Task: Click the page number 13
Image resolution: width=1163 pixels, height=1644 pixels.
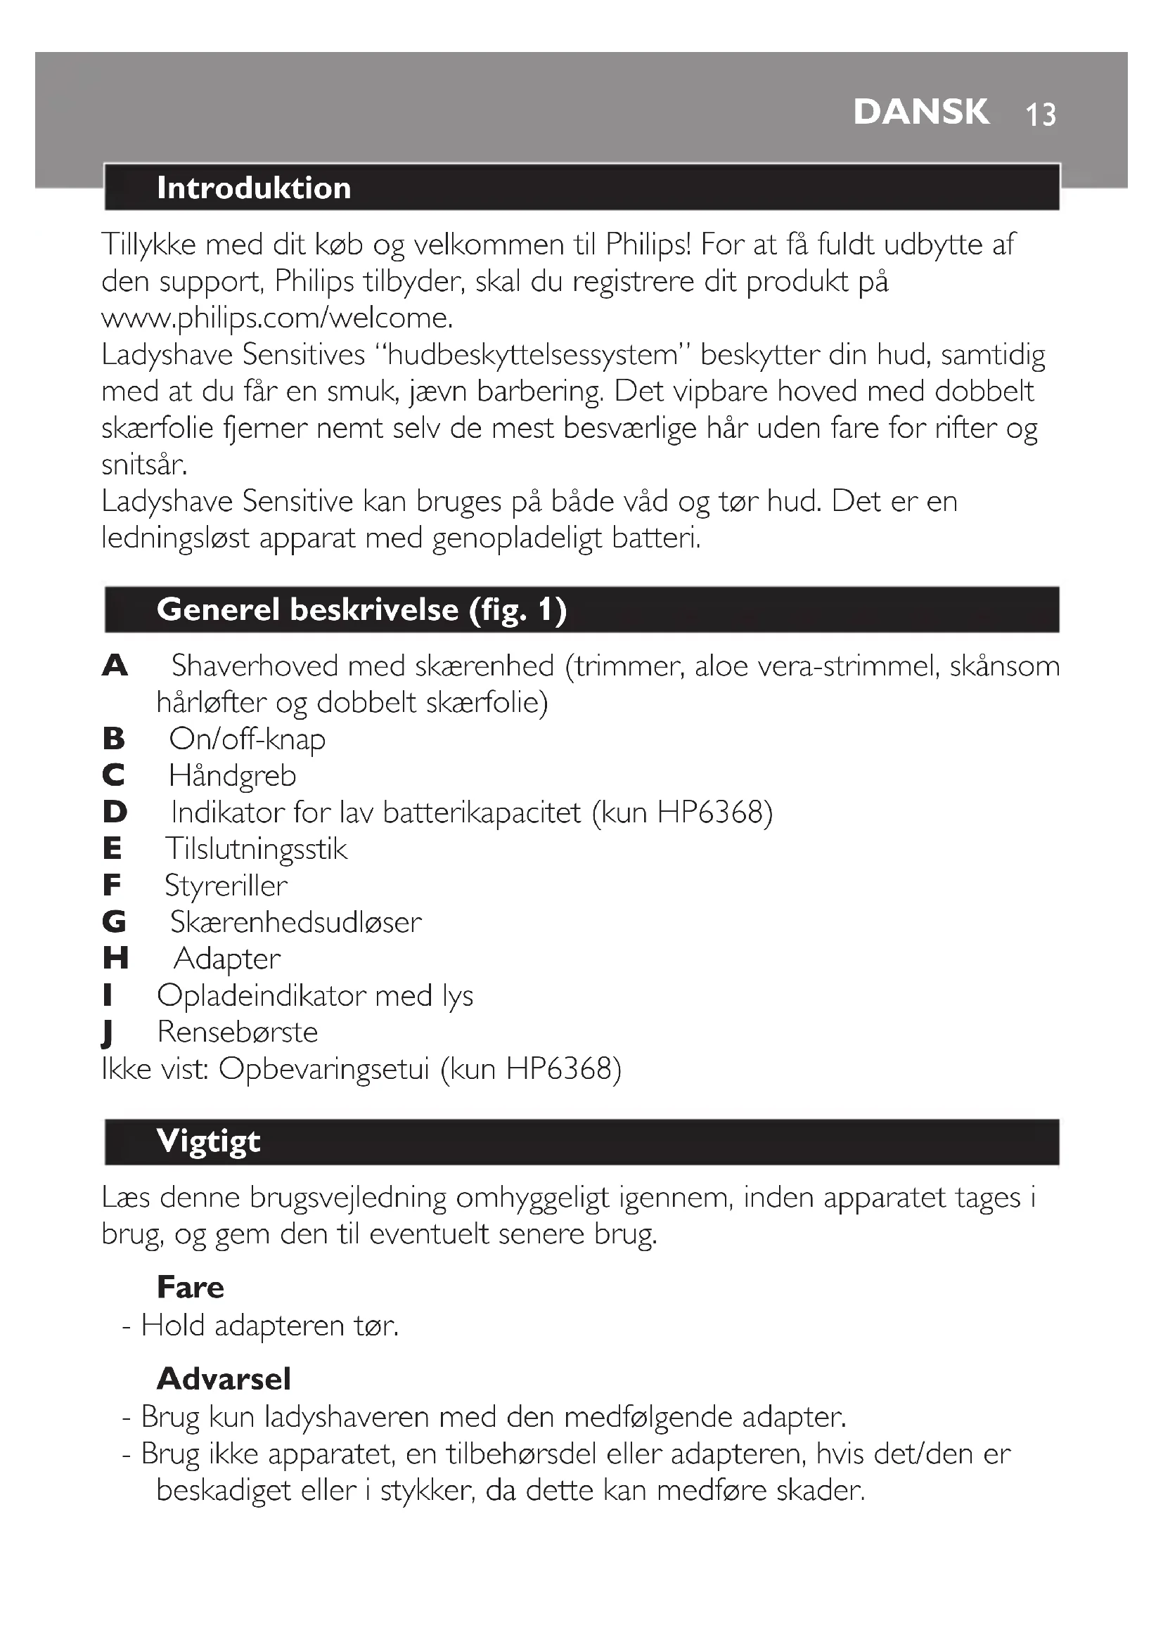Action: tap(1041, 115)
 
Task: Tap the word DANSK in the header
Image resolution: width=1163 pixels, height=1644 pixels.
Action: tap(921, 112)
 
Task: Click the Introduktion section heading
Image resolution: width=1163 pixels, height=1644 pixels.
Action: tap(254, 188)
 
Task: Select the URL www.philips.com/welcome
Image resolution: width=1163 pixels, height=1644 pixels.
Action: tap(277, 318)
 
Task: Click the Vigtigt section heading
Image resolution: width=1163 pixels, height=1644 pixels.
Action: tap(208, 1141)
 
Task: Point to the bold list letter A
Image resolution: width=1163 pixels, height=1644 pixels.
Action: tap(115, 666)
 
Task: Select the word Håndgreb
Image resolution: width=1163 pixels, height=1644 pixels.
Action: tap(232, 776)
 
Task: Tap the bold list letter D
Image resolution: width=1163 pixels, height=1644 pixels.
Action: tap(115, 813)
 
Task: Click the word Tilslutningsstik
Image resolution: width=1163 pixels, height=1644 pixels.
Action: tap(256, 849)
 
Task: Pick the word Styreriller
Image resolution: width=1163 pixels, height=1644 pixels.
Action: tap(226, 886)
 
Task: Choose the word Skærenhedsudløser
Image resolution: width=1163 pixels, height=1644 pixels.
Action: tap(295, 923)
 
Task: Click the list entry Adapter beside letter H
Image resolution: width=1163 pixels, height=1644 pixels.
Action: tap(227, 959)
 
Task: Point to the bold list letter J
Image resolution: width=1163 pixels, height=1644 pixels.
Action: tap(108, 1033)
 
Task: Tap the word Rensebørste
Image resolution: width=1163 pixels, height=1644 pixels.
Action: tap(237, 1033)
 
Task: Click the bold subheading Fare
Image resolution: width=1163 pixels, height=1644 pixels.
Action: tap(191, 1288)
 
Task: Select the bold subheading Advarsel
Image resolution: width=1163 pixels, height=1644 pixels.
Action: tap(224, 1379)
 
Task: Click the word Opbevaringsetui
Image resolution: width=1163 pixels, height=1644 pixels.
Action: tap(323, 1070)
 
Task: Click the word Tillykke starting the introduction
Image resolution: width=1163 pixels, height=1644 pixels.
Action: tap(148, 245)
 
